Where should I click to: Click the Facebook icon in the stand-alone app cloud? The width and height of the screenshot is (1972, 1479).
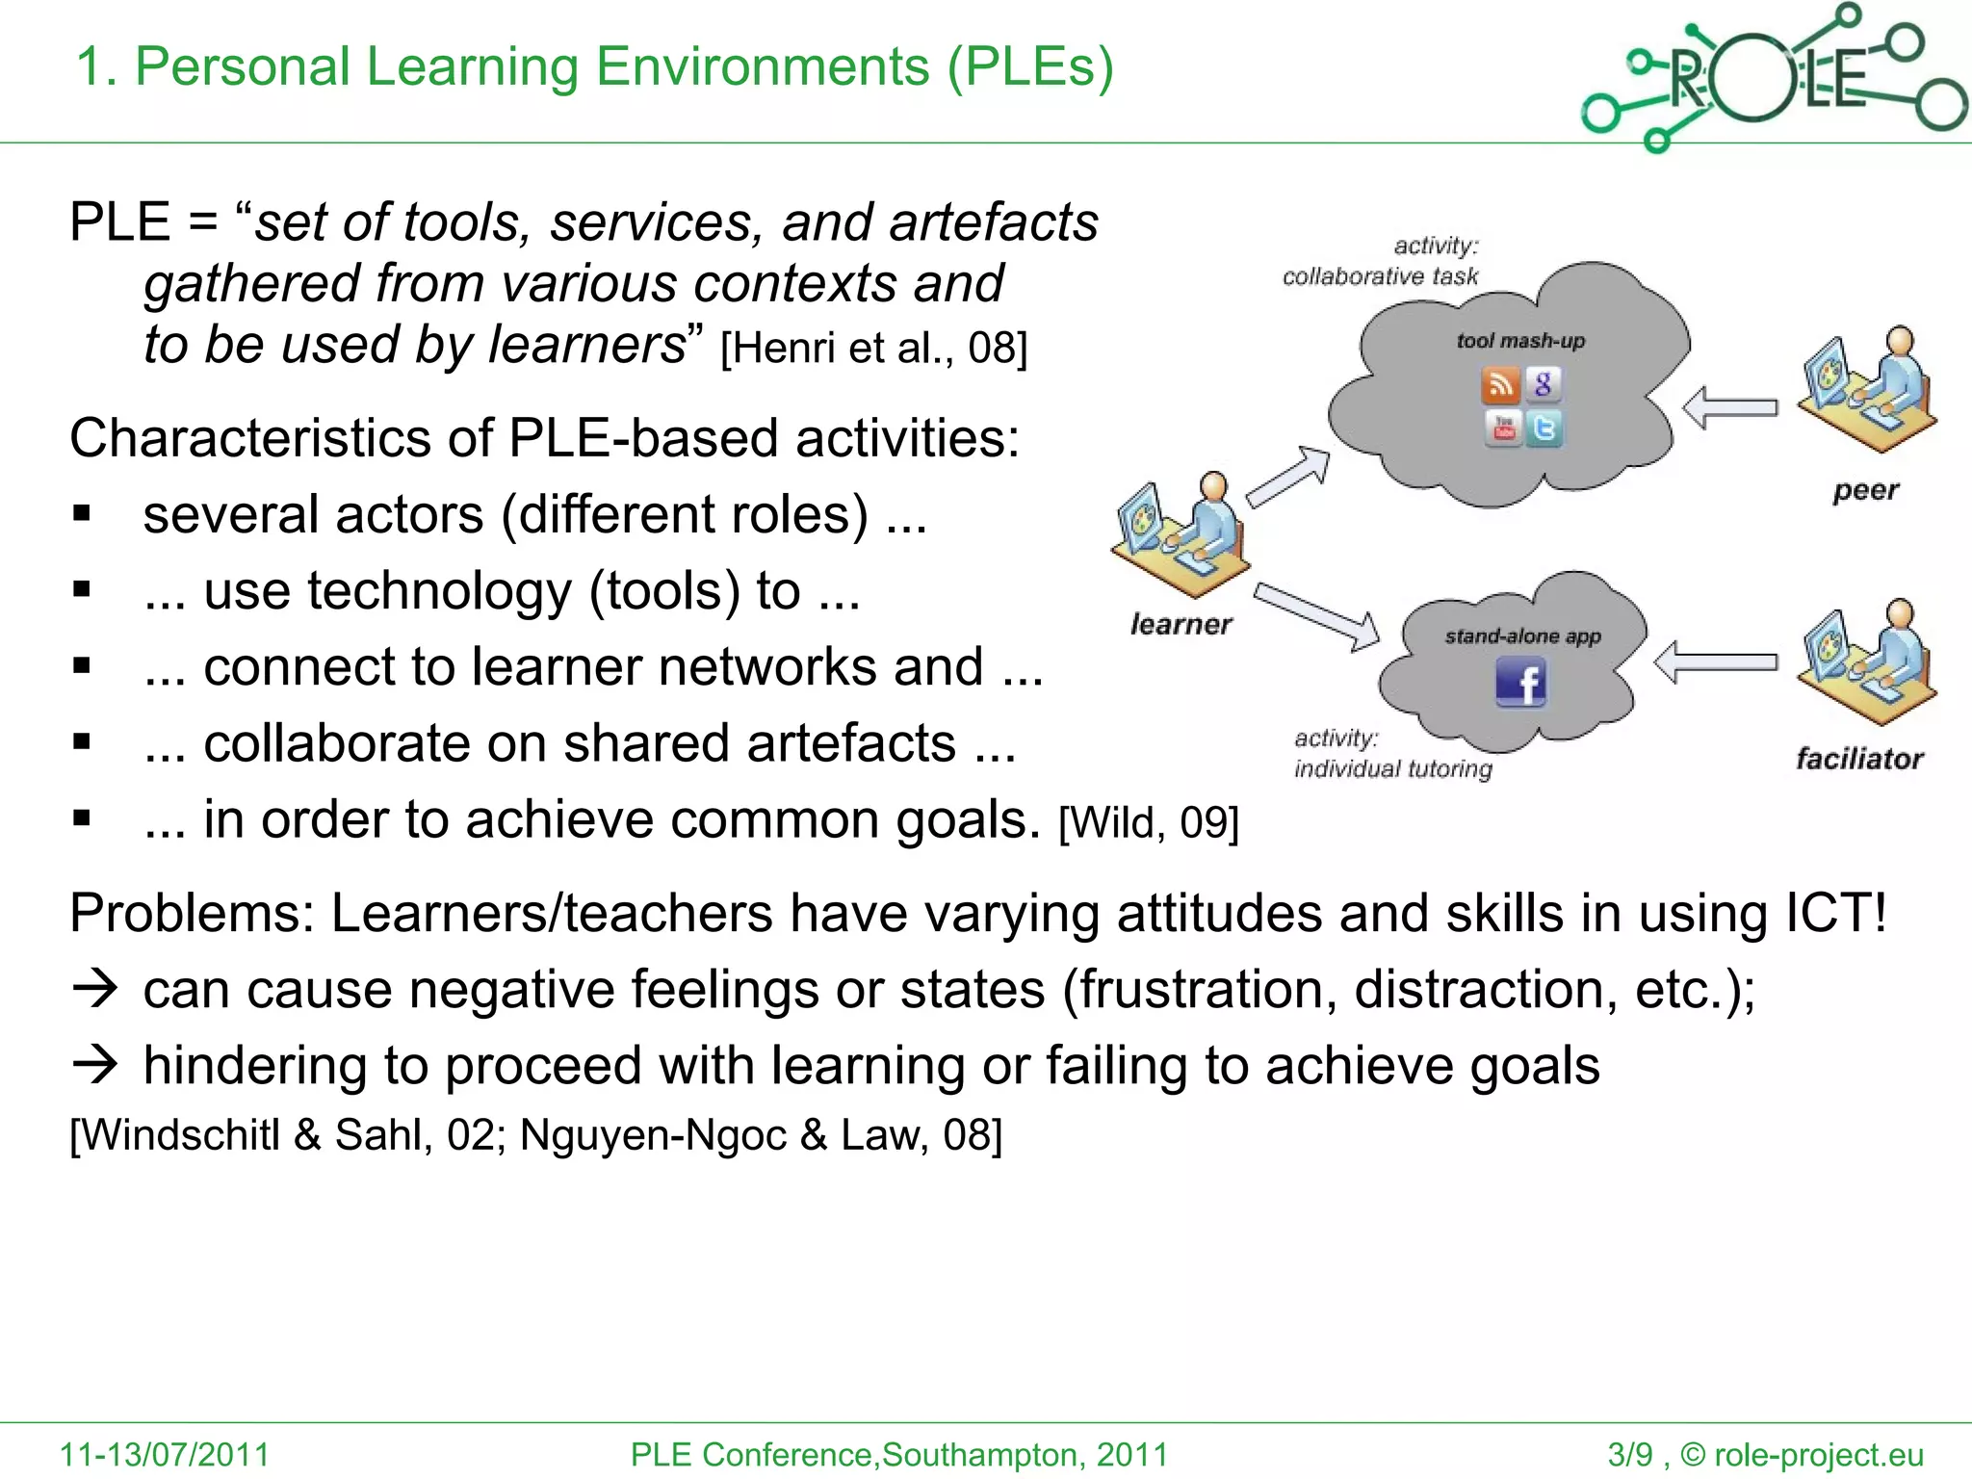1521,683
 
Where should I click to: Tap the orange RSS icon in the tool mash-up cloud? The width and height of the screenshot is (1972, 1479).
1499,385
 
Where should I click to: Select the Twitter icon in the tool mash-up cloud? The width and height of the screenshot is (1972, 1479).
1544,428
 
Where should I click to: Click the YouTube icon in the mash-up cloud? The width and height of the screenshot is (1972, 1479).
1503,428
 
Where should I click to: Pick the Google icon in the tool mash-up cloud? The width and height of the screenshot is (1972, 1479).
1544,384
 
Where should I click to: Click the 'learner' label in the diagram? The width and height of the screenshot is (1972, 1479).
1181,625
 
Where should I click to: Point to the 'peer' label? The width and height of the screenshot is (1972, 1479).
1865,490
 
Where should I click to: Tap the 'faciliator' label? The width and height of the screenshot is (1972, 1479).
1859,759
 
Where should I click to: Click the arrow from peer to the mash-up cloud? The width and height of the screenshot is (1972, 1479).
1730,407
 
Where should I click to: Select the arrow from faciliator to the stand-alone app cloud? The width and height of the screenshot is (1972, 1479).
1715,662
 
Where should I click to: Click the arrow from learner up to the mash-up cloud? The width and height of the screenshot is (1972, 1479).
1289,476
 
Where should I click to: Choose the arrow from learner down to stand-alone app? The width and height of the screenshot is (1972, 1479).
1317,615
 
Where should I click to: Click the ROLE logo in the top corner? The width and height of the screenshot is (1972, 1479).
1773,77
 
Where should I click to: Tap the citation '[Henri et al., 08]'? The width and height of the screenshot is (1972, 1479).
874,348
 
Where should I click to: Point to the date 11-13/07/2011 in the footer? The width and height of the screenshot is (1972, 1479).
165,1454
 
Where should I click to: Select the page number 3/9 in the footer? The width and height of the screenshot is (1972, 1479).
1629,1454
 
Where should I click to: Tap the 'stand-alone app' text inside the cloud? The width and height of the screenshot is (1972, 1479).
1522,636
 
